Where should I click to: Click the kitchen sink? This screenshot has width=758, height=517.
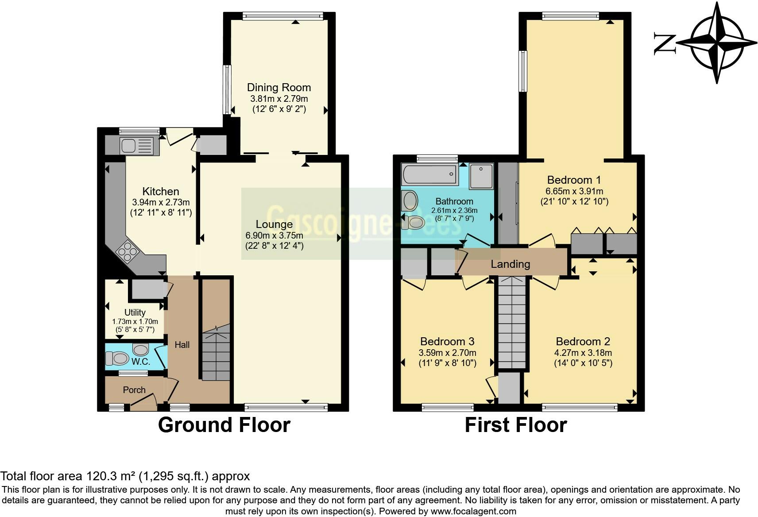click(139, 146)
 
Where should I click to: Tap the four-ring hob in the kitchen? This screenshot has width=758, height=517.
click(127, 252)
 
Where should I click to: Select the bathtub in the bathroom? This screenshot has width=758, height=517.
click(430, 174)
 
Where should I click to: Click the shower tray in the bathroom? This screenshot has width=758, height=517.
click(481, 176)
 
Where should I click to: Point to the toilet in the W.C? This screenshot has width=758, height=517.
click(117, 358)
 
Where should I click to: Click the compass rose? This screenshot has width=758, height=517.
click(717, 43)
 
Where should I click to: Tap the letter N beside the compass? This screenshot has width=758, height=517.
click(665, 44)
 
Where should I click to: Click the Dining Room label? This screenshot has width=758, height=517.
click(279, 87)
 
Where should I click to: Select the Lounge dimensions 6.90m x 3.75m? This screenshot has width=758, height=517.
click(274, 235)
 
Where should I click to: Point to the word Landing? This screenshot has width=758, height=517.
click(510, 264)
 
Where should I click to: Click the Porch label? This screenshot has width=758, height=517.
click(134, 390)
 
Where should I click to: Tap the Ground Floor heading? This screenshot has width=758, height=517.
click(224, 425)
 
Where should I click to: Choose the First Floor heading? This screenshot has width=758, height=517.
click(516, 425)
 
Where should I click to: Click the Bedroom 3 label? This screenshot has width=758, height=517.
click(447, 341)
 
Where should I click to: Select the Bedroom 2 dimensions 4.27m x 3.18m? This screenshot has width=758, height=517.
click(583, 353)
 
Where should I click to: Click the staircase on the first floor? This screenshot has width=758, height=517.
click(512, 323)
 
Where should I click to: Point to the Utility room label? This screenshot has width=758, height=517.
click(135, 313)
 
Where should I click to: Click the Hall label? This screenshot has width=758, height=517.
click(182, 345)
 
